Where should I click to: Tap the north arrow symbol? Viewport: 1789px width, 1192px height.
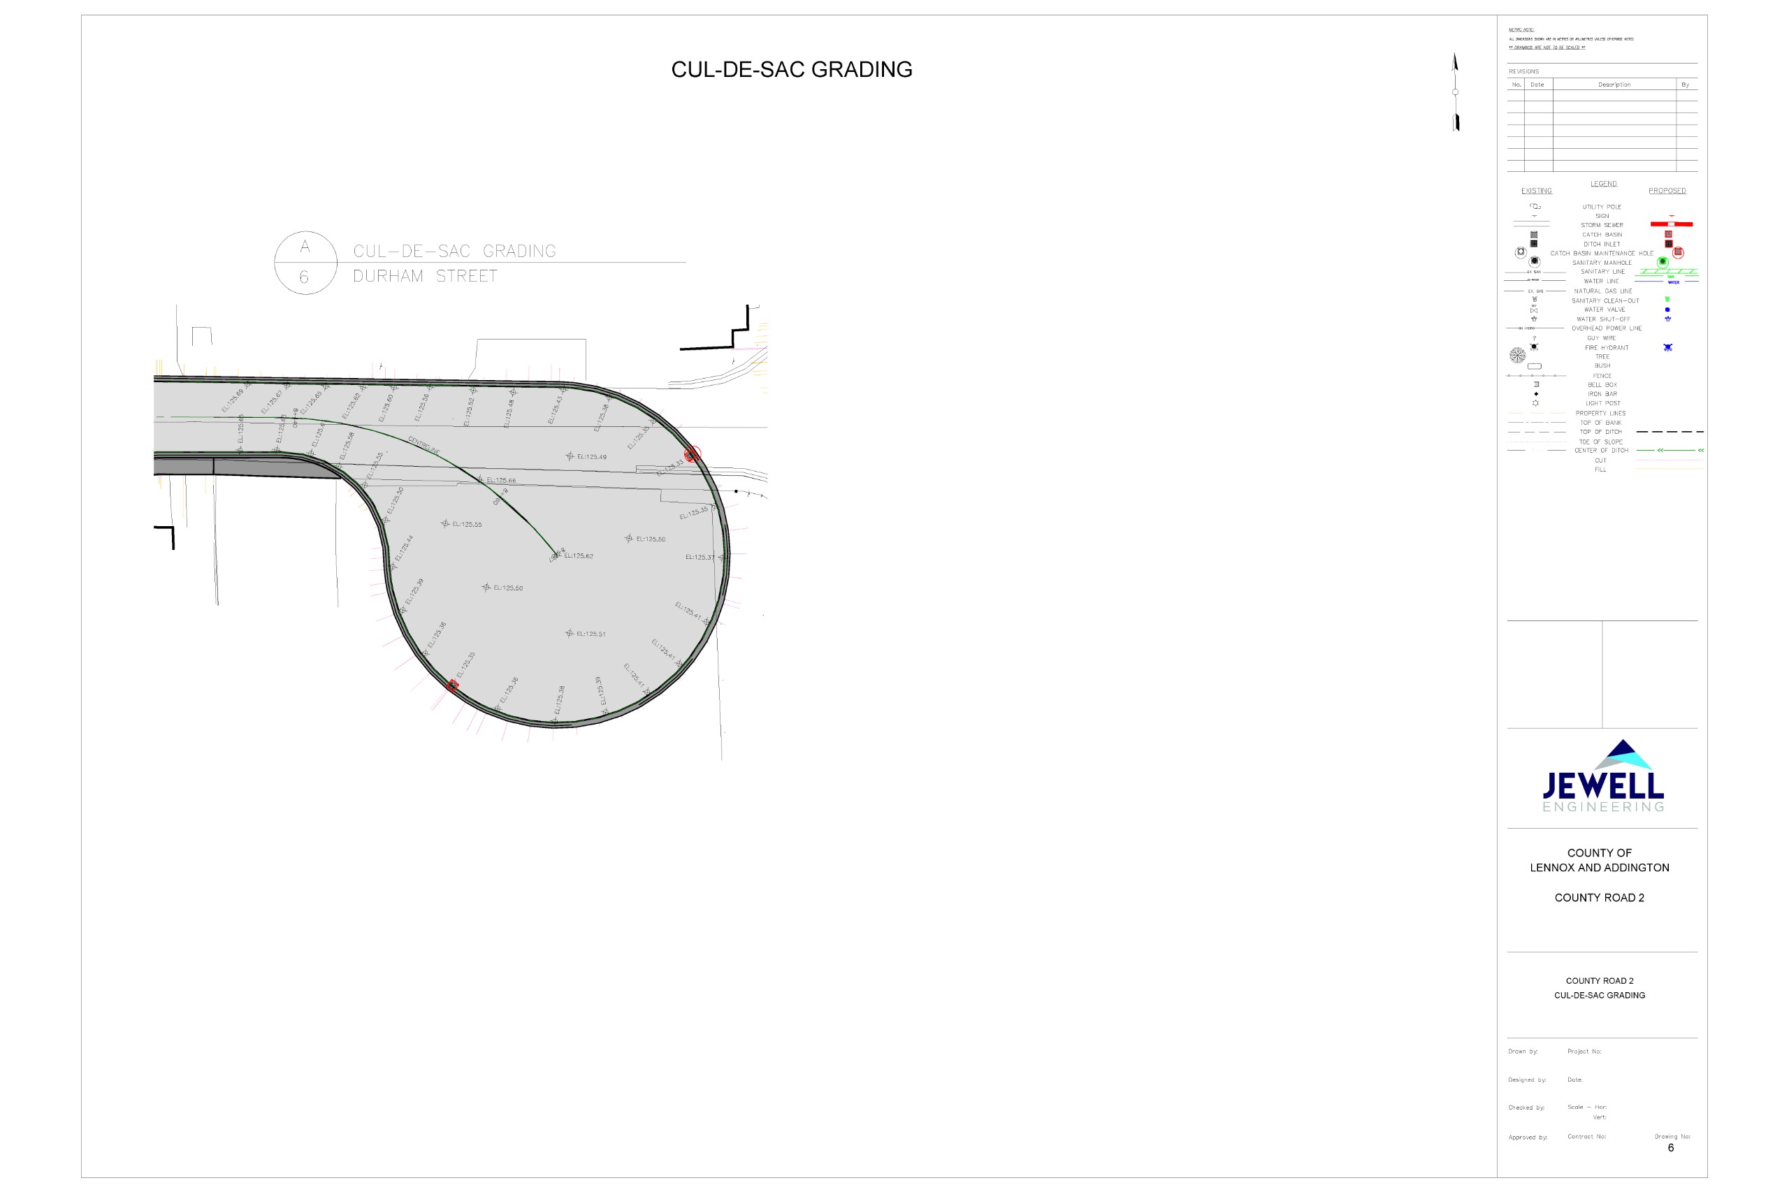coord(1454,92)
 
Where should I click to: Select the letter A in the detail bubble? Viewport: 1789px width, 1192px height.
coord(305,247)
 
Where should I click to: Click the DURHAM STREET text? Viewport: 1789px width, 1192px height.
coord(424,276)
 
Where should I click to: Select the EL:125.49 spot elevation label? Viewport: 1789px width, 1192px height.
coord(591,457)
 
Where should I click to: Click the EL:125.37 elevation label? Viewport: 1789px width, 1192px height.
coord(700,558)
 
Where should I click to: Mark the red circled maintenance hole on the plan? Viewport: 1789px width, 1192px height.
coord(691,455)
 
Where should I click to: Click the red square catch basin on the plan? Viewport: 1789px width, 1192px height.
coord(452,685)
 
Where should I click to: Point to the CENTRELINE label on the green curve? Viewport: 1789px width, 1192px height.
coord(424,444)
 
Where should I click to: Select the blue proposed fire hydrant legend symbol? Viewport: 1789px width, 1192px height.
coord(1667,347)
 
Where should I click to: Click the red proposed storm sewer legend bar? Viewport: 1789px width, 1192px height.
coord(1671,224)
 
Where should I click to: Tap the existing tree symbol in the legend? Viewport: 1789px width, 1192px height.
coord(1517,355)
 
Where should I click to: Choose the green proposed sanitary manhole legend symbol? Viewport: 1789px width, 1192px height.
coord(1663,261)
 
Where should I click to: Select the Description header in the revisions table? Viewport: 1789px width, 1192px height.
coord(1614,85)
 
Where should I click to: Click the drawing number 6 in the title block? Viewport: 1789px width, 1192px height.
coord(1670,1148)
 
